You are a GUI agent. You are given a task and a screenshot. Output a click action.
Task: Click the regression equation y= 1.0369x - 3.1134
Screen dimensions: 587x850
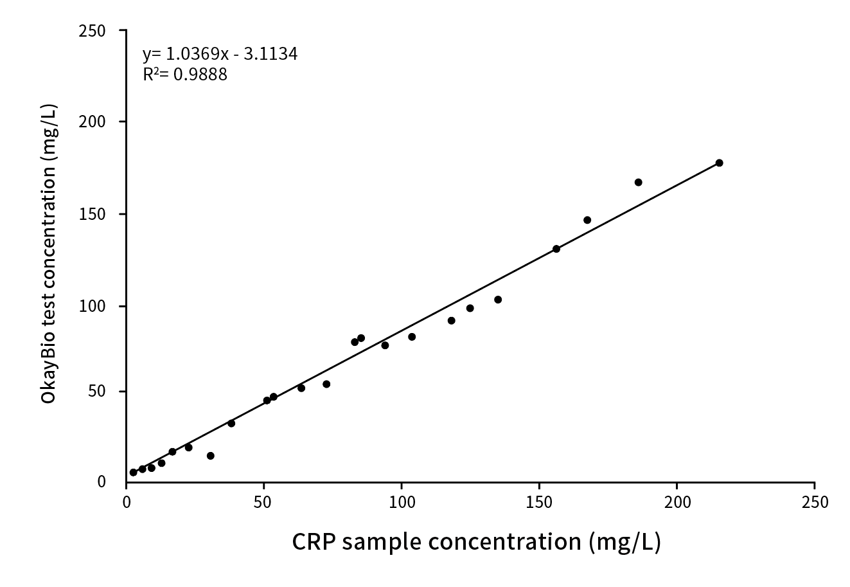coord(220,54)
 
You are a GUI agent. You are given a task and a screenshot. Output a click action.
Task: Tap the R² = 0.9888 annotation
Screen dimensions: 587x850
coord(185,75)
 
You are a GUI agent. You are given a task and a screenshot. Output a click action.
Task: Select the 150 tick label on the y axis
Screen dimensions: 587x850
coord(93,214)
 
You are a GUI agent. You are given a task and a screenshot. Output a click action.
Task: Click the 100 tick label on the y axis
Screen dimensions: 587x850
coord(93,306)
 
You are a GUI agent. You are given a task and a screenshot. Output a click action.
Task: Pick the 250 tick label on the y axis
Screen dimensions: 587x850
coord(93,31)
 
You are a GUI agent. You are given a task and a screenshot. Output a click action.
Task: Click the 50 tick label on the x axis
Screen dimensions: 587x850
coord(263,501)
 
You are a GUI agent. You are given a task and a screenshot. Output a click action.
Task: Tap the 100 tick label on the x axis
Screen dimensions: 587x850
coord(401,501)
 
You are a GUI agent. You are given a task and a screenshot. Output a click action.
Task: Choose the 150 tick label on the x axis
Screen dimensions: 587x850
coord(538,501)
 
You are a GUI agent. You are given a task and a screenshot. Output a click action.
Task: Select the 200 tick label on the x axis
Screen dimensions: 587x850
coord(677,501)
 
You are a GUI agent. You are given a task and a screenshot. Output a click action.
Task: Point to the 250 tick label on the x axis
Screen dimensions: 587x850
coord(814,501)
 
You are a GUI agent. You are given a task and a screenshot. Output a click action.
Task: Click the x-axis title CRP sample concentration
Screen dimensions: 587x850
coord(476,542)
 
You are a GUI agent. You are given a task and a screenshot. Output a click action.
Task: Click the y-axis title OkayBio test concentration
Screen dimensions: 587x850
coord(49,254)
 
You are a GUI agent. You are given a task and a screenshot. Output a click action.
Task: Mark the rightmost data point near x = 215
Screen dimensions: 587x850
coord(719,163)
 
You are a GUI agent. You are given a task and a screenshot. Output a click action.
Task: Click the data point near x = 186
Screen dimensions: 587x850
coord(638,182)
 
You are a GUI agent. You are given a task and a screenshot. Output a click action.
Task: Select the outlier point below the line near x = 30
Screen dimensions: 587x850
coord(210,456)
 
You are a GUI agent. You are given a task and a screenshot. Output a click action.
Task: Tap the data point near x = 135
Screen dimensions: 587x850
coord(498,300)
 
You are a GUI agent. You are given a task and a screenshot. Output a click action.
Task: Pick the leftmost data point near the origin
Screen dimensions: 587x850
coord(133,472)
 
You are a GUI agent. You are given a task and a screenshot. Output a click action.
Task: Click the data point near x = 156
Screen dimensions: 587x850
coord(556,249)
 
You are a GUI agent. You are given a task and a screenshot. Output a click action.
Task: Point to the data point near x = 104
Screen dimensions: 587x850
coord(412,337)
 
